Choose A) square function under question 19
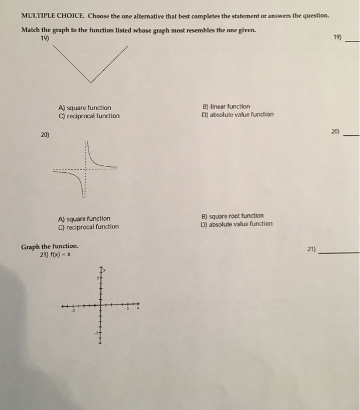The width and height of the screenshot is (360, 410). (84, 108)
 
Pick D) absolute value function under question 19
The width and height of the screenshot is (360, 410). (237, 114)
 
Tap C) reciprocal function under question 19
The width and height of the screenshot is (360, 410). (89, 116)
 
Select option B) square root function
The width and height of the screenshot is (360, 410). (232, 216)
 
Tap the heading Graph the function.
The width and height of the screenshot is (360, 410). (49, 247)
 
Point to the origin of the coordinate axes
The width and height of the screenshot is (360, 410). (100, 305)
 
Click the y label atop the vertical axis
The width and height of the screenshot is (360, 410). (104, 269)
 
